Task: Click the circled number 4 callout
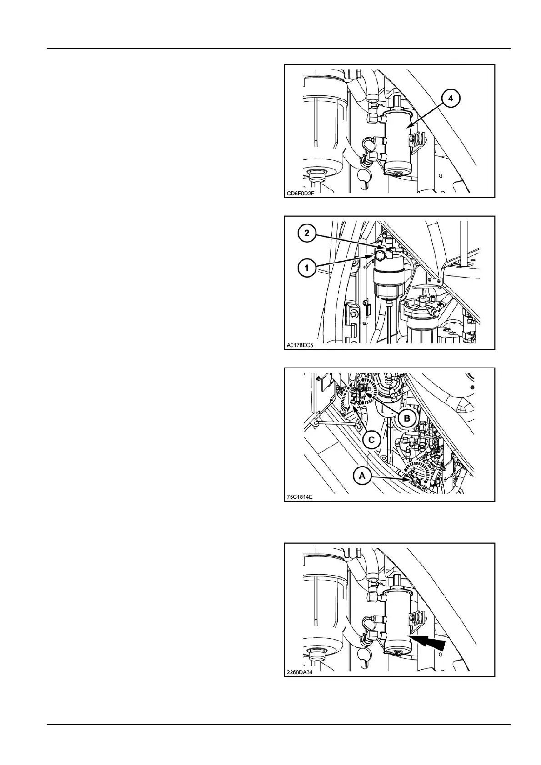[450, 98]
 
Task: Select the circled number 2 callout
[307, 233]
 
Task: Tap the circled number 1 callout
[307, 268]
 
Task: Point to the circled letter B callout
[407, 418]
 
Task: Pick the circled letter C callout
[371, 440]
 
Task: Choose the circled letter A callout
[362, 476]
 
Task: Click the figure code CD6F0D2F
[300, 194]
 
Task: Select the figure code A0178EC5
[300, 345]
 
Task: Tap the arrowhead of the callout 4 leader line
[410, 127]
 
